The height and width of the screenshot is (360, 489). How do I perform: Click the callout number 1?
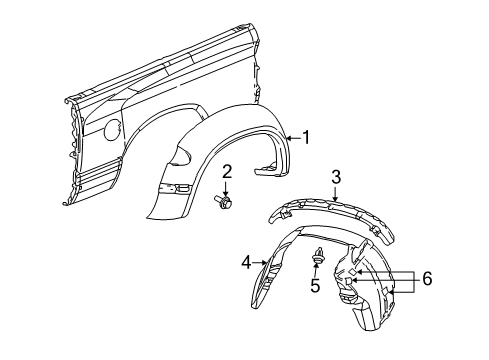[307, 139]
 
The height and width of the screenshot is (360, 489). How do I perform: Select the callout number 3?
[336, 177]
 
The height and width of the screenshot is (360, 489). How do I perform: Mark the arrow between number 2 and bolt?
[227, 186]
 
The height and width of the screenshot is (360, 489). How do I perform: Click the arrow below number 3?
[336, 192]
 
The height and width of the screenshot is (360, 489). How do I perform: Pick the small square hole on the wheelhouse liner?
[357, 272]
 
